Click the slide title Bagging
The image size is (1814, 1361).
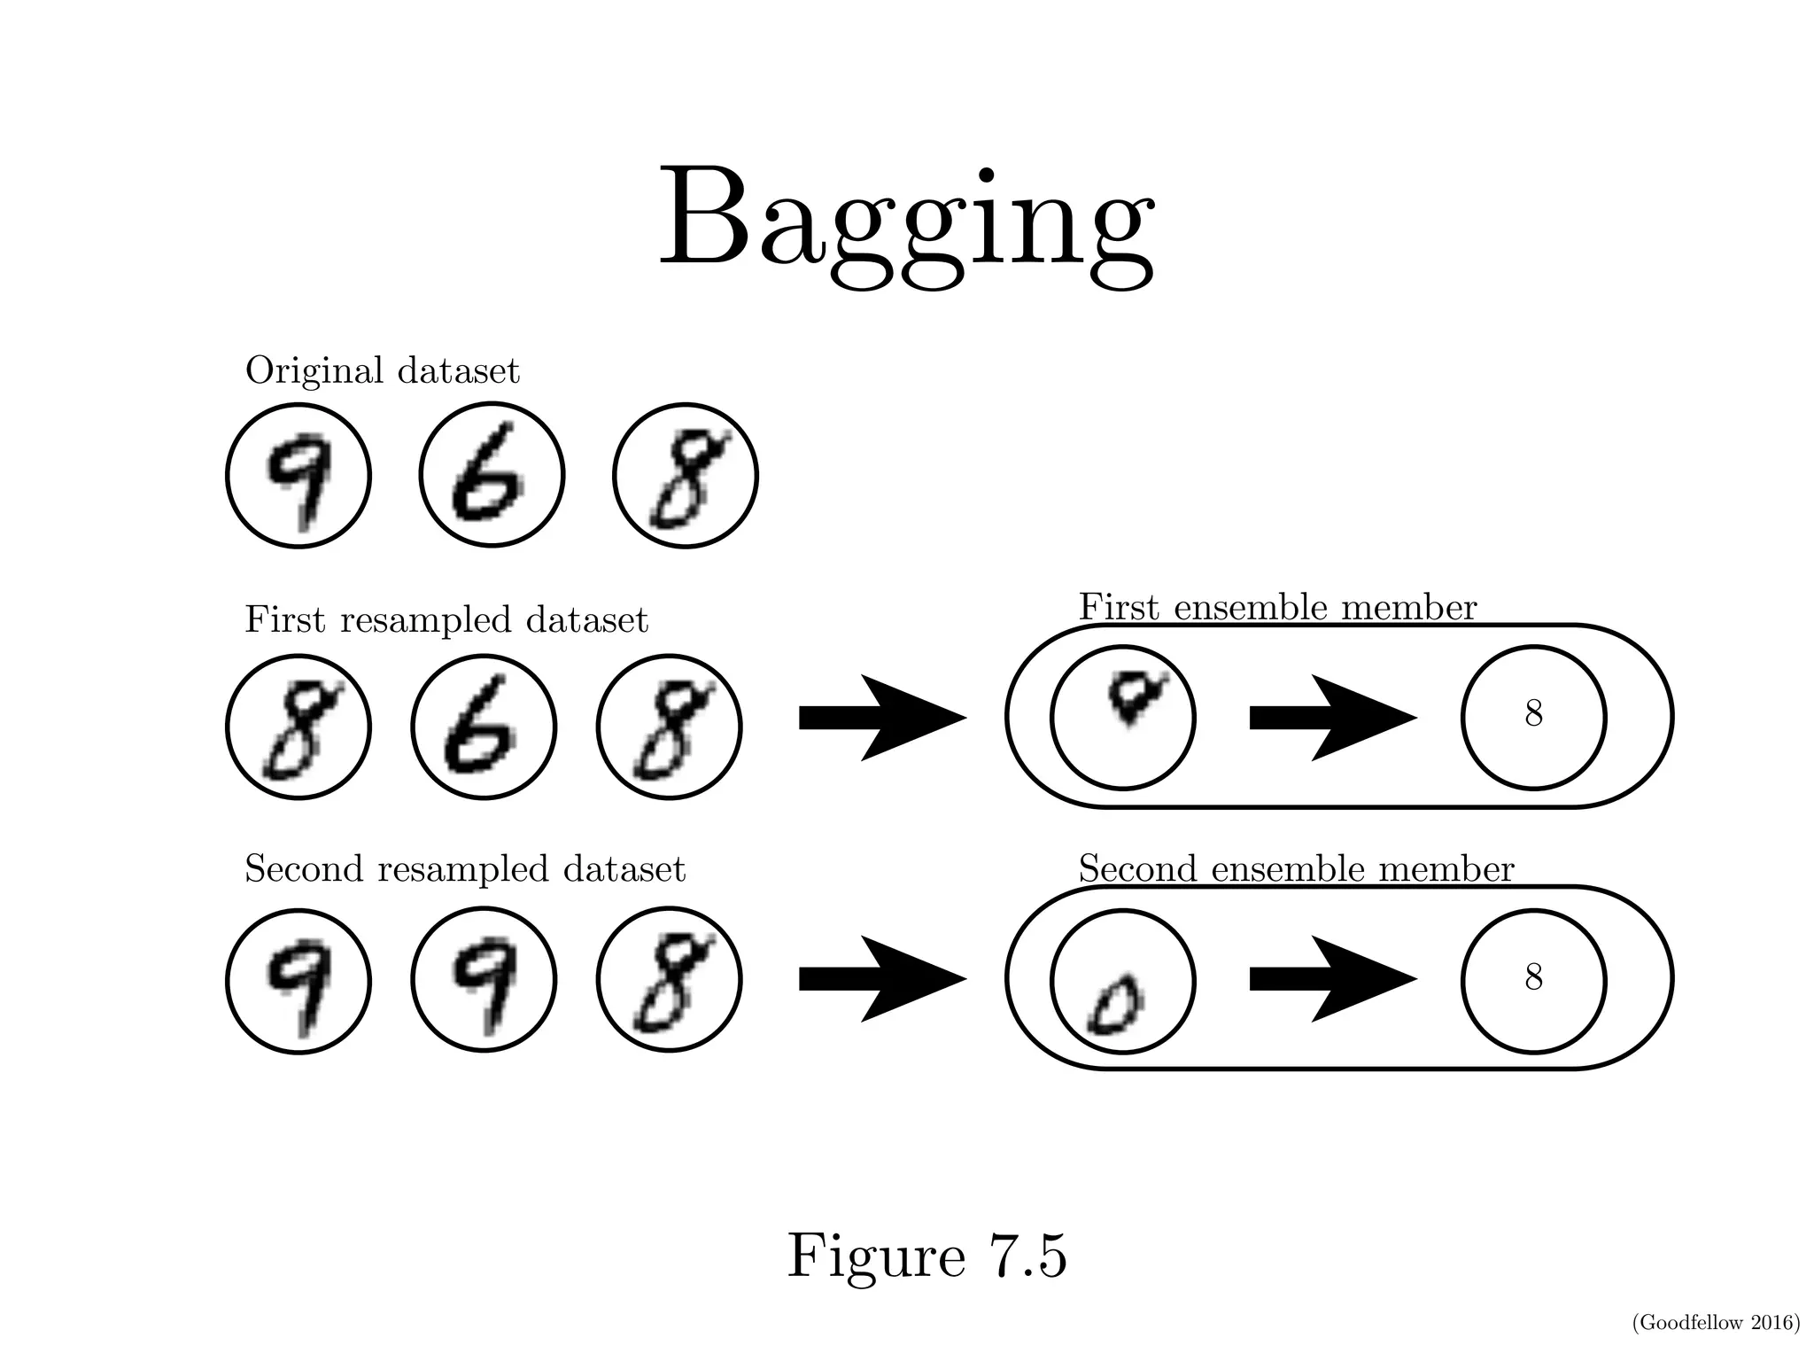click(x=906, y=222)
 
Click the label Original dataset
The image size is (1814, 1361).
click(x=382, y=370)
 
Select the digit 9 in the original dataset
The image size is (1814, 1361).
click(x=298, y=476)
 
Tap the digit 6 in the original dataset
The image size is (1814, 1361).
click(x=491, y=476)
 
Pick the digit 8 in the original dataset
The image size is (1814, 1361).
click(x=685, y=476)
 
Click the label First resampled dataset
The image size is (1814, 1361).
click(x=446, y=619)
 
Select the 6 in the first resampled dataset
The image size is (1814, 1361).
click(x=484, y=727)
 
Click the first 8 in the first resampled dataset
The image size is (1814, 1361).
click(x=298, y=727)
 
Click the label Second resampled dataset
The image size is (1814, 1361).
click(x=464, y=869)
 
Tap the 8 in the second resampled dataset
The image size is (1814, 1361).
click(x=669, y=979)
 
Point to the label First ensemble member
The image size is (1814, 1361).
click(x=1276, y=608)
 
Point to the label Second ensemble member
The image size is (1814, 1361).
click(x=1295, y=869)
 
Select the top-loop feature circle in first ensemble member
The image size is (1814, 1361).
click(x=1122, y=716)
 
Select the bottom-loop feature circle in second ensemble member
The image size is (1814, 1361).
click(x=1122, y=980)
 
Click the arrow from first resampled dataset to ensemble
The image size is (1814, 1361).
click(x=881, y=717)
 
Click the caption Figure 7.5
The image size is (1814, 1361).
click(x=926, y=1256)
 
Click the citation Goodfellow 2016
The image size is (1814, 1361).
click(x=1715, y=1323)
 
